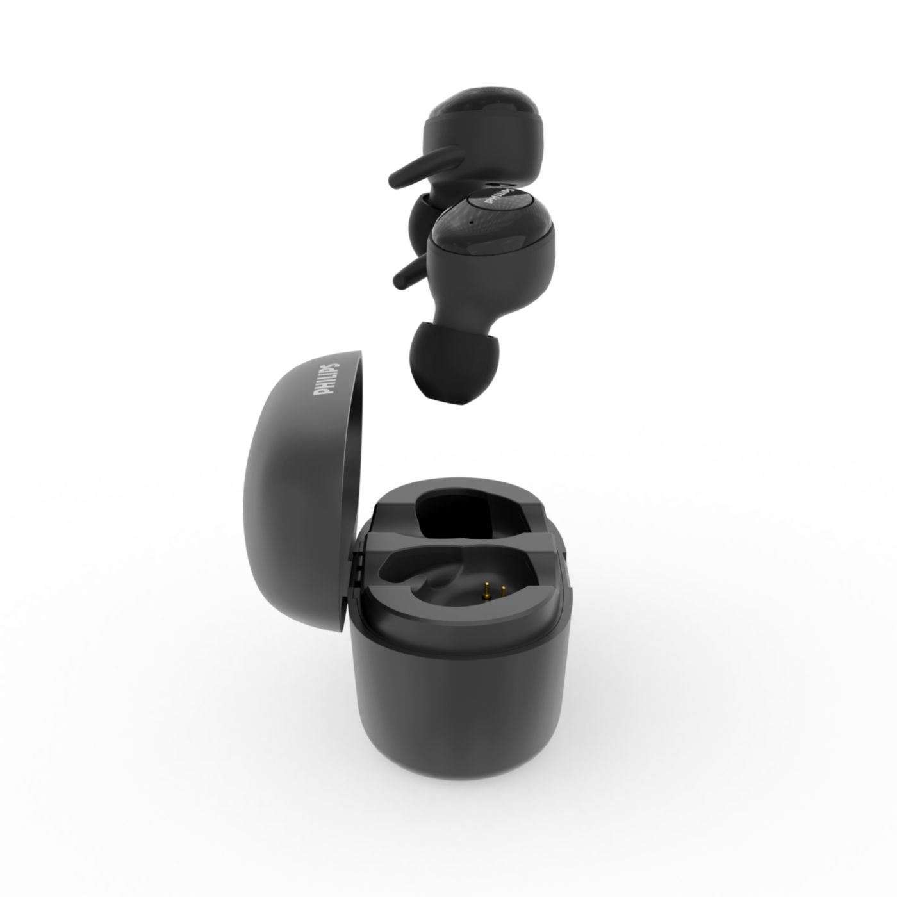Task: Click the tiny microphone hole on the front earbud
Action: [x=471, y=222]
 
